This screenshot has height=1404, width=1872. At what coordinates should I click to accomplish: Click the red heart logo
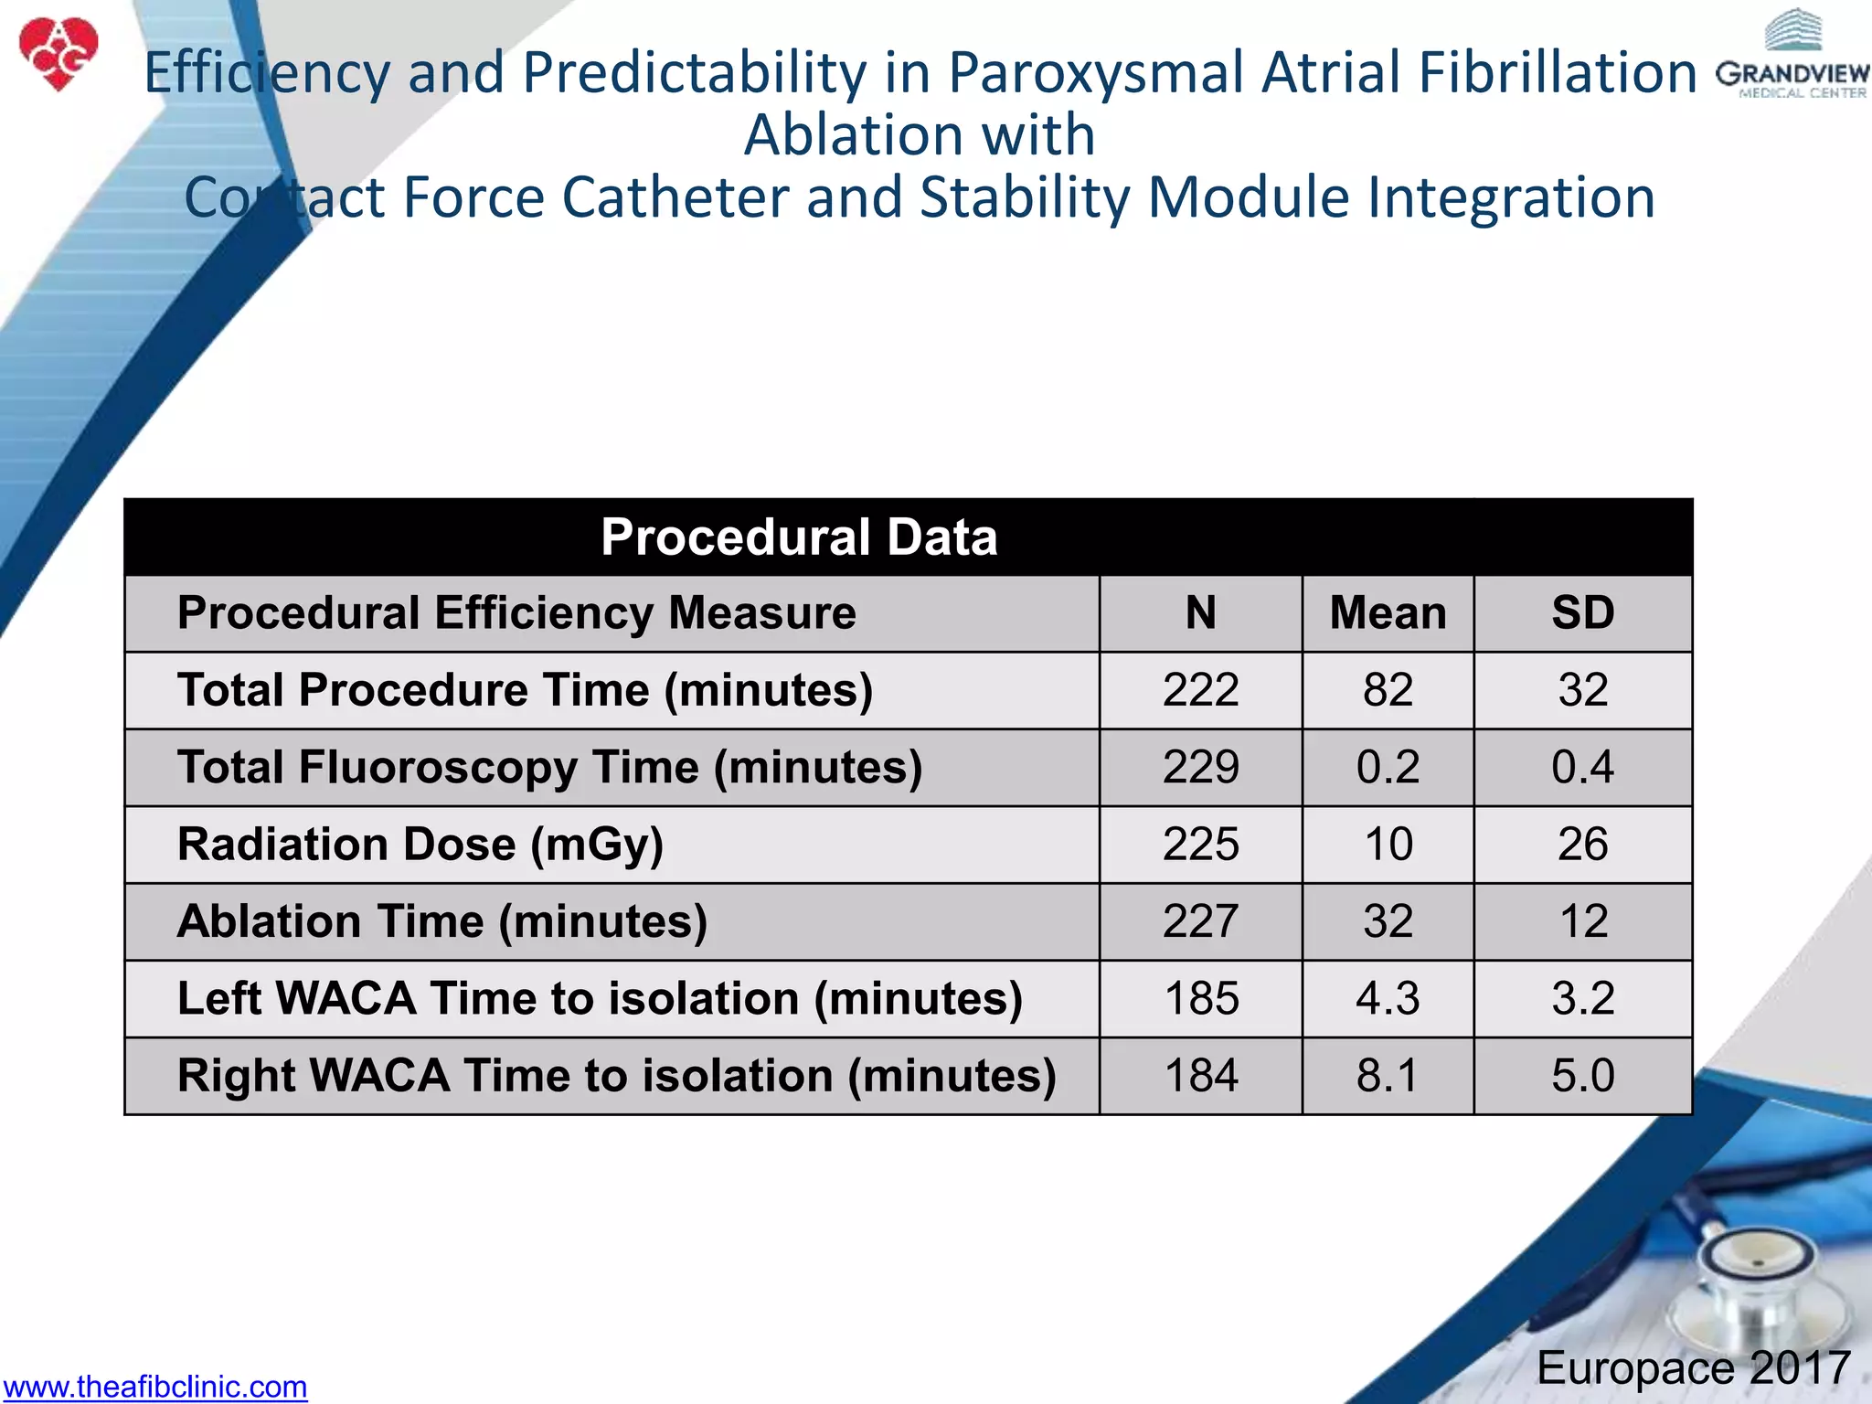click(58, 53)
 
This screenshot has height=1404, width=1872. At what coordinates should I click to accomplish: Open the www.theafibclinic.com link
click(154, 1386)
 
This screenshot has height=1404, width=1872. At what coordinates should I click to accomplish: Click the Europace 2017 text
click(1693, 1367)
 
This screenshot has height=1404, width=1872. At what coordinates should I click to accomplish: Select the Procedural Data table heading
click(798, 537)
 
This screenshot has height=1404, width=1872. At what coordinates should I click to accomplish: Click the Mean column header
click(1388, 613)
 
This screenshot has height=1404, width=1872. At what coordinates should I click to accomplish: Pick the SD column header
click(1582, 613)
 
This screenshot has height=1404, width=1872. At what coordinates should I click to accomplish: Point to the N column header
click(1200, 613)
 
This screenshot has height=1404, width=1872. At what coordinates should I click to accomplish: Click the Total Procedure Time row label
click(525, 690)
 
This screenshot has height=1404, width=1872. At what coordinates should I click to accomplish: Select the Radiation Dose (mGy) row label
click(420, 845)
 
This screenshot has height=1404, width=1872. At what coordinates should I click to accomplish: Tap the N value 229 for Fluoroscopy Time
click(1200, 767)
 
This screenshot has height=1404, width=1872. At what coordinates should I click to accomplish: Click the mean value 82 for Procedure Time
click(1388, 690)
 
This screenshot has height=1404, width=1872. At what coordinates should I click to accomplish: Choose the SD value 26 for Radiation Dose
click(1582, 845)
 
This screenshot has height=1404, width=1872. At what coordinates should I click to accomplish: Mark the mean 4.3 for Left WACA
click(1388, 998)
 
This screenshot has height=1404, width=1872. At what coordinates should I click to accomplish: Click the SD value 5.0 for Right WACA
click(1582, 1076)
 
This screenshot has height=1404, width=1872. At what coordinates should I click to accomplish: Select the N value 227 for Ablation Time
click(1200, 921)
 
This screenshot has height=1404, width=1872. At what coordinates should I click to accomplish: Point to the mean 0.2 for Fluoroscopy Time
click(1388, 767)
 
